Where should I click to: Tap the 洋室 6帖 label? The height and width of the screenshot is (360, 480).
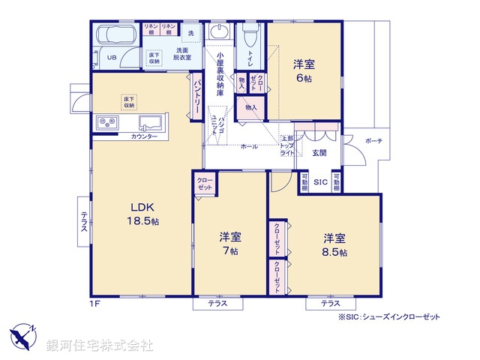304,71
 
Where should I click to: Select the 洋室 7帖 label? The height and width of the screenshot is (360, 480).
229,244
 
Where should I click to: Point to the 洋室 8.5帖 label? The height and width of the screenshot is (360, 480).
334,244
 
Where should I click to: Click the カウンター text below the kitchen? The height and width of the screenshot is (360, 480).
144,137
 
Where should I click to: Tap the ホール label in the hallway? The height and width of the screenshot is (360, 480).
249,146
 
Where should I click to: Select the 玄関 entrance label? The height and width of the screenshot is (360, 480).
319,153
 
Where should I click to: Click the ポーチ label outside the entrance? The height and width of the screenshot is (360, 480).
373,141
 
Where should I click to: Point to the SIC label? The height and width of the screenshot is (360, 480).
319,181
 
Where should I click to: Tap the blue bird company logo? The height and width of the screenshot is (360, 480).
23,334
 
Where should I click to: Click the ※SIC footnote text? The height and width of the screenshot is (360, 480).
389,317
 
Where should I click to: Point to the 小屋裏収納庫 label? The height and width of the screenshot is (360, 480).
220,71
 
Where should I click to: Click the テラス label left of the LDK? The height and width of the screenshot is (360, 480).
85,221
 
